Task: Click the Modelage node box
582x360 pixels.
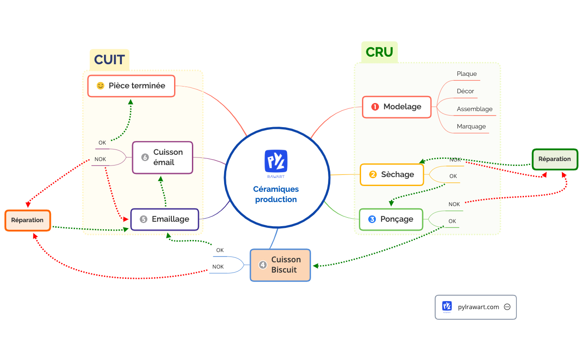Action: coord(396,107)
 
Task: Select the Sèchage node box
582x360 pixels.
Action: coord(391,174)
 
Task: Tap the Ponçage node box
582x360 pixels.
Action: coord(391,219)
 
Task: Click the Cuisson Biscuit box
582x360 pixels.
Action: coord(280,265)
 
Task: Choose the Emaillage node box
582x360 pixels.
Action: coord(165,219)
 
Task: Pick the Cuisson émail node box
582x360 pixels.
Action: coord(162,157)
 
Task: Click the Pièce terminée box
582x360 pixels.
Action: coord(131,86)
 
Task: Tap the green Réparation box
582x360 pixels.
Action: coord(554,159)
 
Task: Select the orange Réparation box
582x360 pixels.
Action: coord(28,220)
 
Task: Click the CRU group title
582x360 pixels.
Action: coord(379,52)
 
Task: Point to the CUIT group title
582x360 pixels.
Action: coord(109,60)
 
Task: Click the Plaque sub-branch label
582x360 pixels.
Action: coord(466,74)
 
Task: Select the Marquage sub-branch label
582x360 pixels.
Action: coord(471,127)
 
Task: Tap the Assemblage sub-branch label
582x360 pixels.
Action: coord(474,109)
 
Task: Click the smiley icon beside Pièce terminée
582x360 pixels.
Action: coord(100,86)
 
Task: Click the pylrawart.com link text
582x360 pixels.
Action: coord(478,307)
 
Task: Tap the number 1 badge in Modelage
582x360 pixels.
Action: coord(375,107)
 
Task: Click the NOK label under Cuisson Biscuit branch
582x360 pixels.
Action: coord(218,267)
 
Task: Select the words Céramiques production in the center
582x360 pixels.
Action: coord(276,194)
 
